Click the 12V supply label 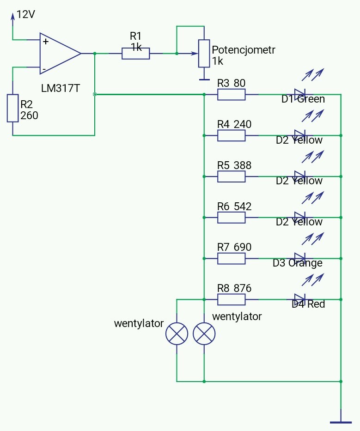[26, 14]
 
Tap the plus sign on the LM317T [46, 42]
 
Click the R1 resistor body [136, 53]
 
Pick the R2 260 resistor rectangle [12, 108]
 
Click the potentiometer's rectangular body [204, 54]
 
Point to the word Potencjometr [244, 50]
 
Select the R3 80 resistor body [231, 95]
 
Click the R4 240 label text [234, 124]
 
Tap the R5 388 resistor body [231, 176]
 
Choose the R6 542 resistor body [231, 218]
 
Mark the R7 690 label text [234, 247]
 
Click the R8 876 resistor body [231, 300]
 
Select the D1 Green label [303, 99]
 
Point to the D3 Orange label [298, 263]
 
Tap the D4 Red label [308, 304]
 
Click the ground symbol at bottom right [341, 422]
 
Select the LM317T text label [61, 88]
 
